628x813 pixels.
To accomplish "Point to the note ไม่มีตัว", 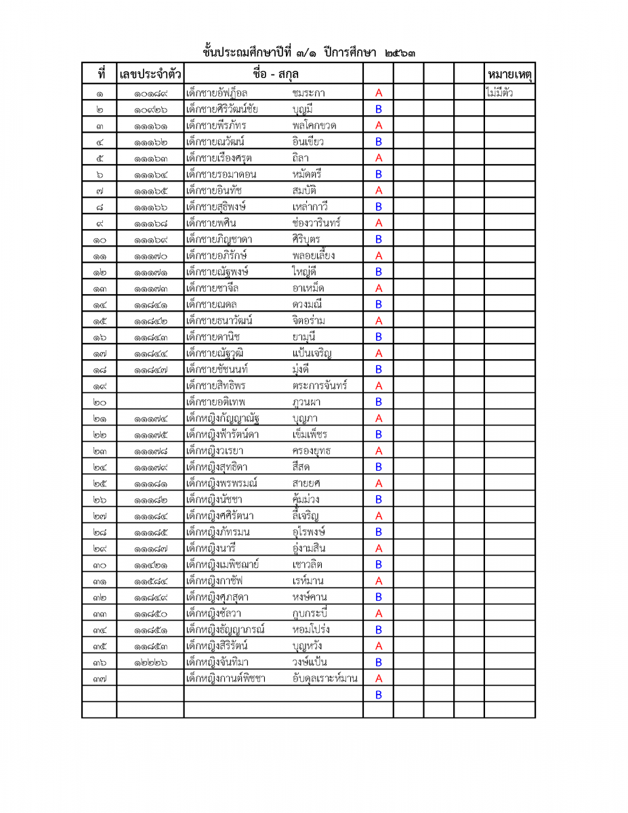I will click(499, 93).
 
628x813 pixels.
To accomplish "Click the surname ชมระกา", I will click(309, 93).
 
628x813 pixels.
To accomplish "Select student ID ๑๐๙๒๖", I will click(150, 109).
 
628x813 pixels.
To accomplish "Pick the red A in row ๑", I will click(379, 93).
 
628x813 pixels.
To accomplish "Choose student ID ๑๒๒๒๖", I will click(150, 662).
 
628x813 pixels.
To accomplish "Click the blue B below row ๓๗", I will click(379, 694).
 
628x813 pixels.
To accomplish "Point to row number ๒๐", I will click(99, 402).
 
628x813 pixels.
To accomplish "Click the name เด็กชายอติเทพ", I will click(215, 402).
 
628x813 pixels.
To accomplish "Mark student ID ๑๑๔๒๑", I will click(150, 564).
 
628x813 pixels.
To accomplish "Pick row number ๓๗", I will click(99, 678).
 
